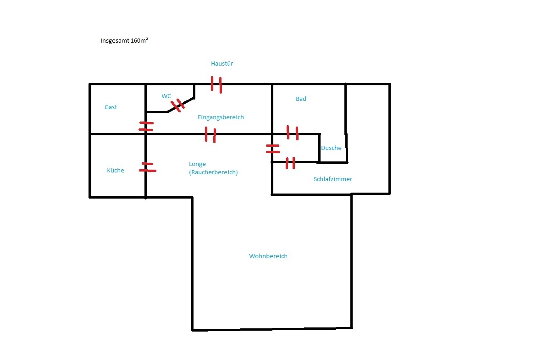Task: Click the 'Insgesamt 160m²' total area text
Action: pos(124,40)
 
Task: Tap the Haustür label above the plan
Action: pos(222,64)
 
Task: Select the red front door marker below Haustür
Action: pos(216,84)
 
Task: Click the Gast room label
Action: pos(111,107)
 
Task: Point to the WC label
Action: pos(166,96)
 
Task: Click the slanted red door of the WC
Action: pos(178,105)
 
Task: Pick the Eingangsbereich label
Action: pos(221,117)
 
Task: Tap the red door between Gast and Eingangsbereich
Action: pos(146,127)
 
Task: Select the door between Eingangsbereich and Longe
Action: pos(210,135)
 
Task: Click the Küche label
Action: pos(116,170)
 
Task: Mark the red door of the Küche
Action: pos(148,167)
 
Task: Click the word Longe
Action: pos(197,165)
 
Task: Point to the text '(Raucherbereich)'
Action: pos(213,172)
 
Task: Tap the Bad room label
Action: pos(301,99)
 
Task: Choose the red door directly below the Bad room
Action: pos(293,133)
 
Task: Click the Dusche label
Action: pos(331,148)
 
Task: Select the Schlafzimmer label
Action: pos(333,179)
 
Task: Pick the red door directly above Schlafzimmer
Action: pos(290,163)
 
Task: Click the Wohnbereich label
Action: pos(268,256)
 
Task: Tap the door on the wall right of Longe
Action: pos(272,149)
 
